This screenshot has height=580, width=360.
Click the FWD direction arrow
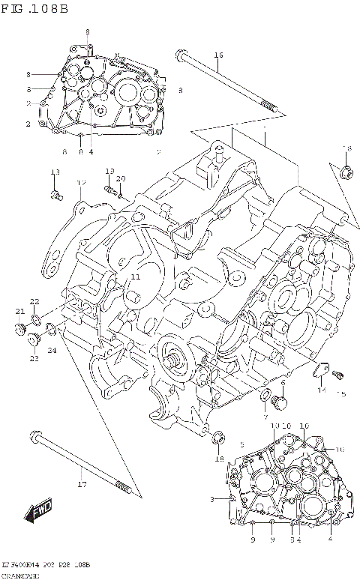tap(37, 512)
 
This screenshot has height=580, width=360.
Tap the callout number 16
tap(218, 55)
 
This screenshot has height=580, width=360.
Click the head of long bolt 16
tap(181, 54)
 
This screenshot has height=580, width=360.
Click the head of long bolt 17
tap(35, 436)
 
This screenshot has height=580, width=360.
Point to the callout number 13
tap(55, 173)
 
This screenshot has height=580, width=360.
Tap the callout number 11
tap(134, 277)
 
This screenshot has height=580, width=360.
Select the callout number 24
tap(52, 350)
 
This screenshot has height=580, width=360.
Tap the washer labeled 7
tap(266, 395)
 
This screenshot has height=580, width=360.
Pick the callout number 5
tap(241, 444)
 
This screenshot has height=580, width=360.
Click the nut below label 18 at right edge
tap(346, 172)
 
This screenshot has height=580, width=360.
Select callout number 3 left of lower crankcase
tap(212, 498)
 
